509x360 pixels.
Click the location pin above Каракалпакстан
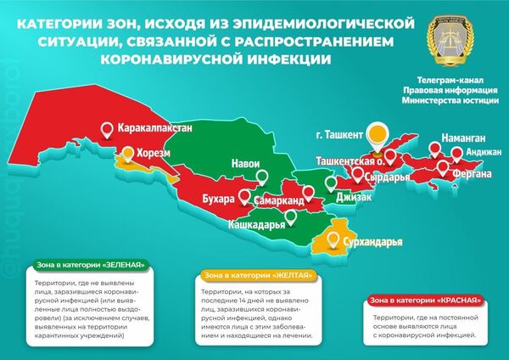tap(107, 130)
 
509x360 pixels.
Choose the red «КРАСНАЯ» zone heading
tap(429, 300)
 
